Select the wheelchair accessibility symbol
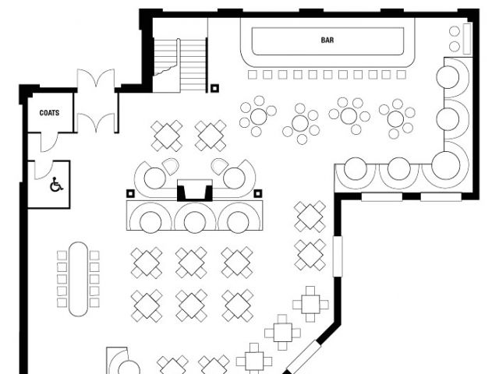55,185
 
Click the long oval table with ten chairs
78,278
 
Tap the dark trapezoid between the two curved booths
193,189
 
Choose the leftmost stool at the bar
253,75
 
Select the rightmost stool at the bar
401,75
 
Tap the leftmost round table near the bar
257,117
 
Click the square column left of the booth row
130,193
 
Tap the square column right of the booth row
257,193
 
